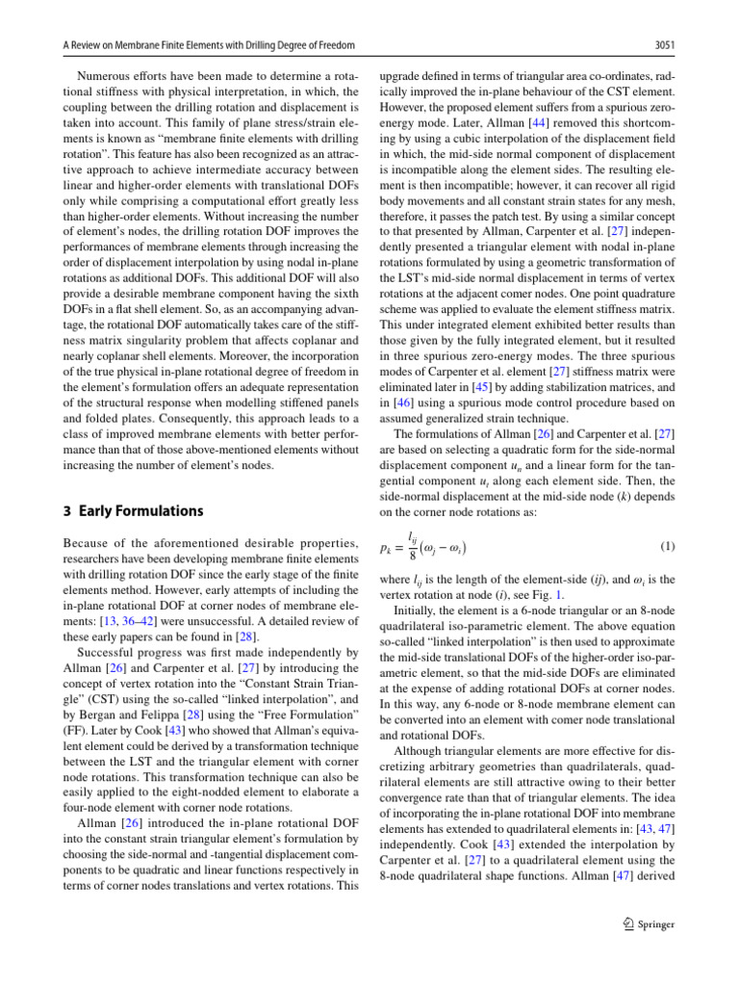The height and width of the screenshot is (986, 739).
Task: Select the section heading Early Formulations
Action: click(140, 511)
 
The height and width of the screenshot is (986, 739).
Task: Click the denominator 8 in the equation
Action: click(412, 556)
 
